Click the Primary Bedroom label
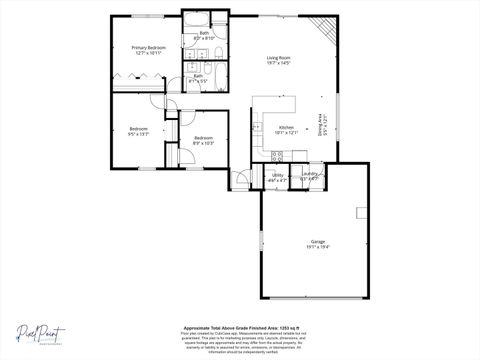pos(148,47)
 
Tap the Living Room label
pos(278,57)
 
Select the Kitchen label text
pos(287,127)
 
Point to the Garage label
pos(318,241)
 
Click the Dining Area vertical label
pos(320,125)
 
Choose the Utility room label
pos(277,174)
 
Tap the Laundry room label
pos(309,174)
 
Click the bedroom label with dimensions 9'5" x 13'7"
pos(138,132)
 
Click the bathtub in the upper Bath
pos(195,19)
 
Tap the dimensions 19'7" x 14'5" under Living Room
pos(278,63)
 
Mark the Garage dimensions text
pos(318,247)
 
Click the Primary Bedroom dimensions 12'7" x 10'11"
pos(148,53)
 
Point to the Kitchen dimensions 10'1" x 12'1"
pos(287,133)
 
